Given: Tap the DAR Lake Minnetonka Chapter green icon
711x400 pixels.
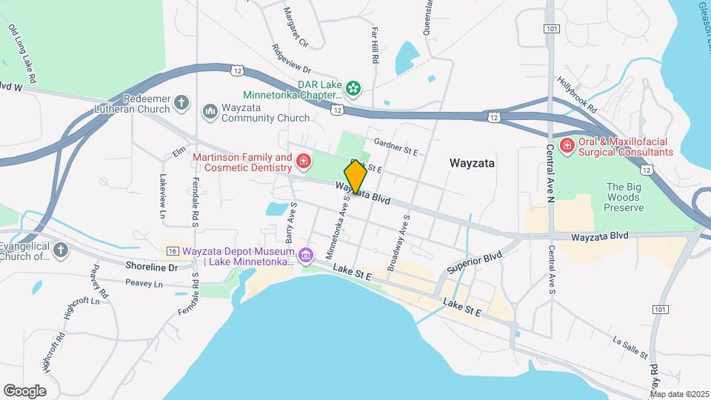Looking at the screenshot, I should [354, 89].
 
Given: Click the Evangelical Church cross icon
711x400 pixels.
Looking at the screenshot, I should [61, 250].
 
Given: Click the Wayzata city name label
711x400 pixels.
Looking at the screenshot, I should [472, 162].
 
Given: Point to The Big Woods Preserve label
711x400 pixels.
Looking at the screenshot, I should [624, 197].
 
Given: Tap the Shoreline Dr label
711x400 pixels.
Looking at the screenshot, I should [153, 267].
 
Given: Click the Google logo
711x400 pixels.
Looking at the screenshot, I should [24, 390].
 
